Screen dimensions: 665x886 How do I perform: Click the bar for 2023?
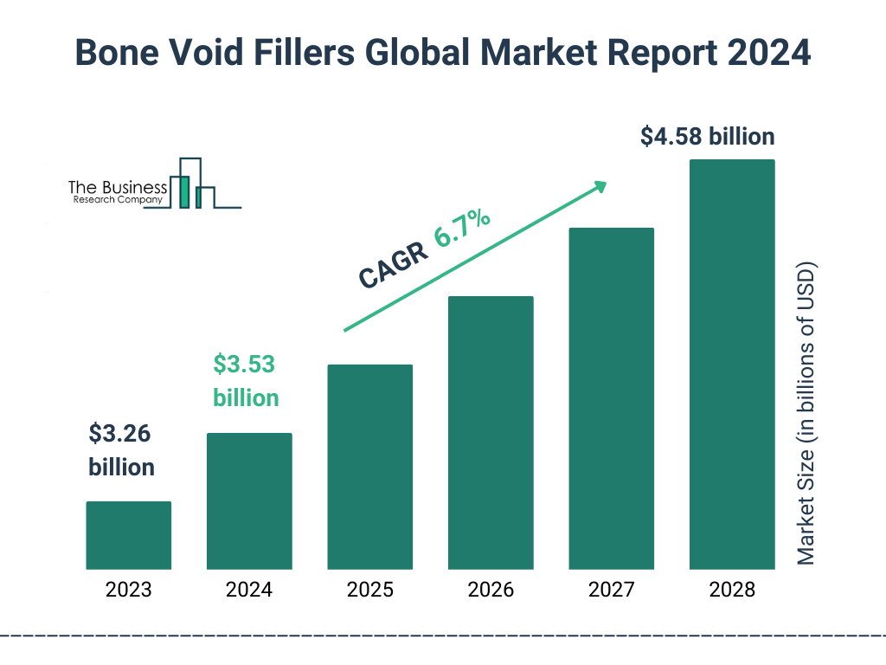tap(128, 535)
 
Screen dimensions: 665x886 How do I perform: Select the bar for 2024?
tap(249, 500)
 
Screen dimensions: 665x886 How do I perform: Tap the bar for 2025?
tap(369, 467)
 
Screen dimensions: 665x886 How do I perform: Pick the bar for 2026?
tap(491, 433)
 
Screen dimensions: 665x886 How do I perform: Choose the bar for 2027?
tap(611, 398)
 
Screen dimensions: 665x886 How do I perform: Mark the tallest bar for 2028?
tap(732, 364)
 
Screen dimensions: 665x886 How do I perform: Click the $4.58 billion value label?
tap(707, 137)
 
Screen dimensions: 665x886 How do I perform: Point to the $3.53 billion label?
tap(246, 381)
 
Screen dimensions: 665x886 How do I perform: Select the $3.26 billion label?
tap(121, 450)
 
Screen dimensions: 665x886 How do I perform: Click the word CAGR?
tap(393, 265)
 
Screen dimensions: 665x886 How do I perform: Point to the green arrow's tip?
tap(605, 184)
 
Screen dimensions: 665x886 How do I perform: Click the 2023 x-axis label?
tap(128, 591)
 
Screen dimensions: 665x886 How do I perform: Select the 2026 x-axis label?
tap(491, 591)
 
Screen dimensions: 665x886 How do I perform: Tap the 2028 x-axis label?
tap(732, 591)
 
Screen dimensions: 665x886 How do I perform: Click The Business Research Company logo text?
tap(118, 192)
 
